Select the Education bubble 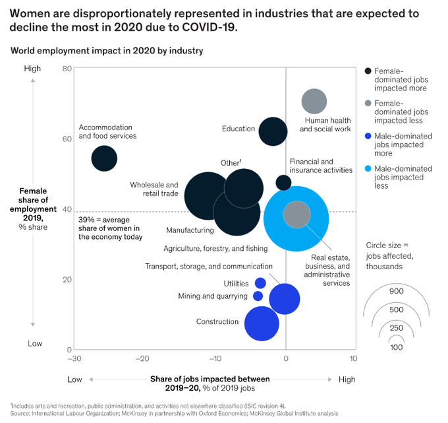pyautogui.click(x=273, y=131)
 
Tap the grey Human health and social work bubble pyautogui.click(x=314, y=102)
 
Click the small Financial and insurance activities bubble pyautogui.click(x=283, y=183)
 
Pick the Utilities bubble pyautogui.click(x=260, y=283)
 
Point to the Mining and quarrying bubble pyautogui.click(x=258, y=296)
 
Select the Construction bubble pyautogui.click(x=262, y=323)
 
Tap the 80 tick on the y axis pyautogui.click(x=67, y=69)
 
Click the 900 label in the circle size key pyautogui.click(x=396, y=290)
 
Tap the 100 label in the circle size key pyautogui.click(x=396, y=347)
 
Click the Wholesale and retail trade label pyautogui.click(x=154, y=189)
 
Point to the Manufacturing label pyautogui.click(x=190, y=230)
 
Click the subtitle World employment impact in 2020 pyautogui.click(x=107, y=51)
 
